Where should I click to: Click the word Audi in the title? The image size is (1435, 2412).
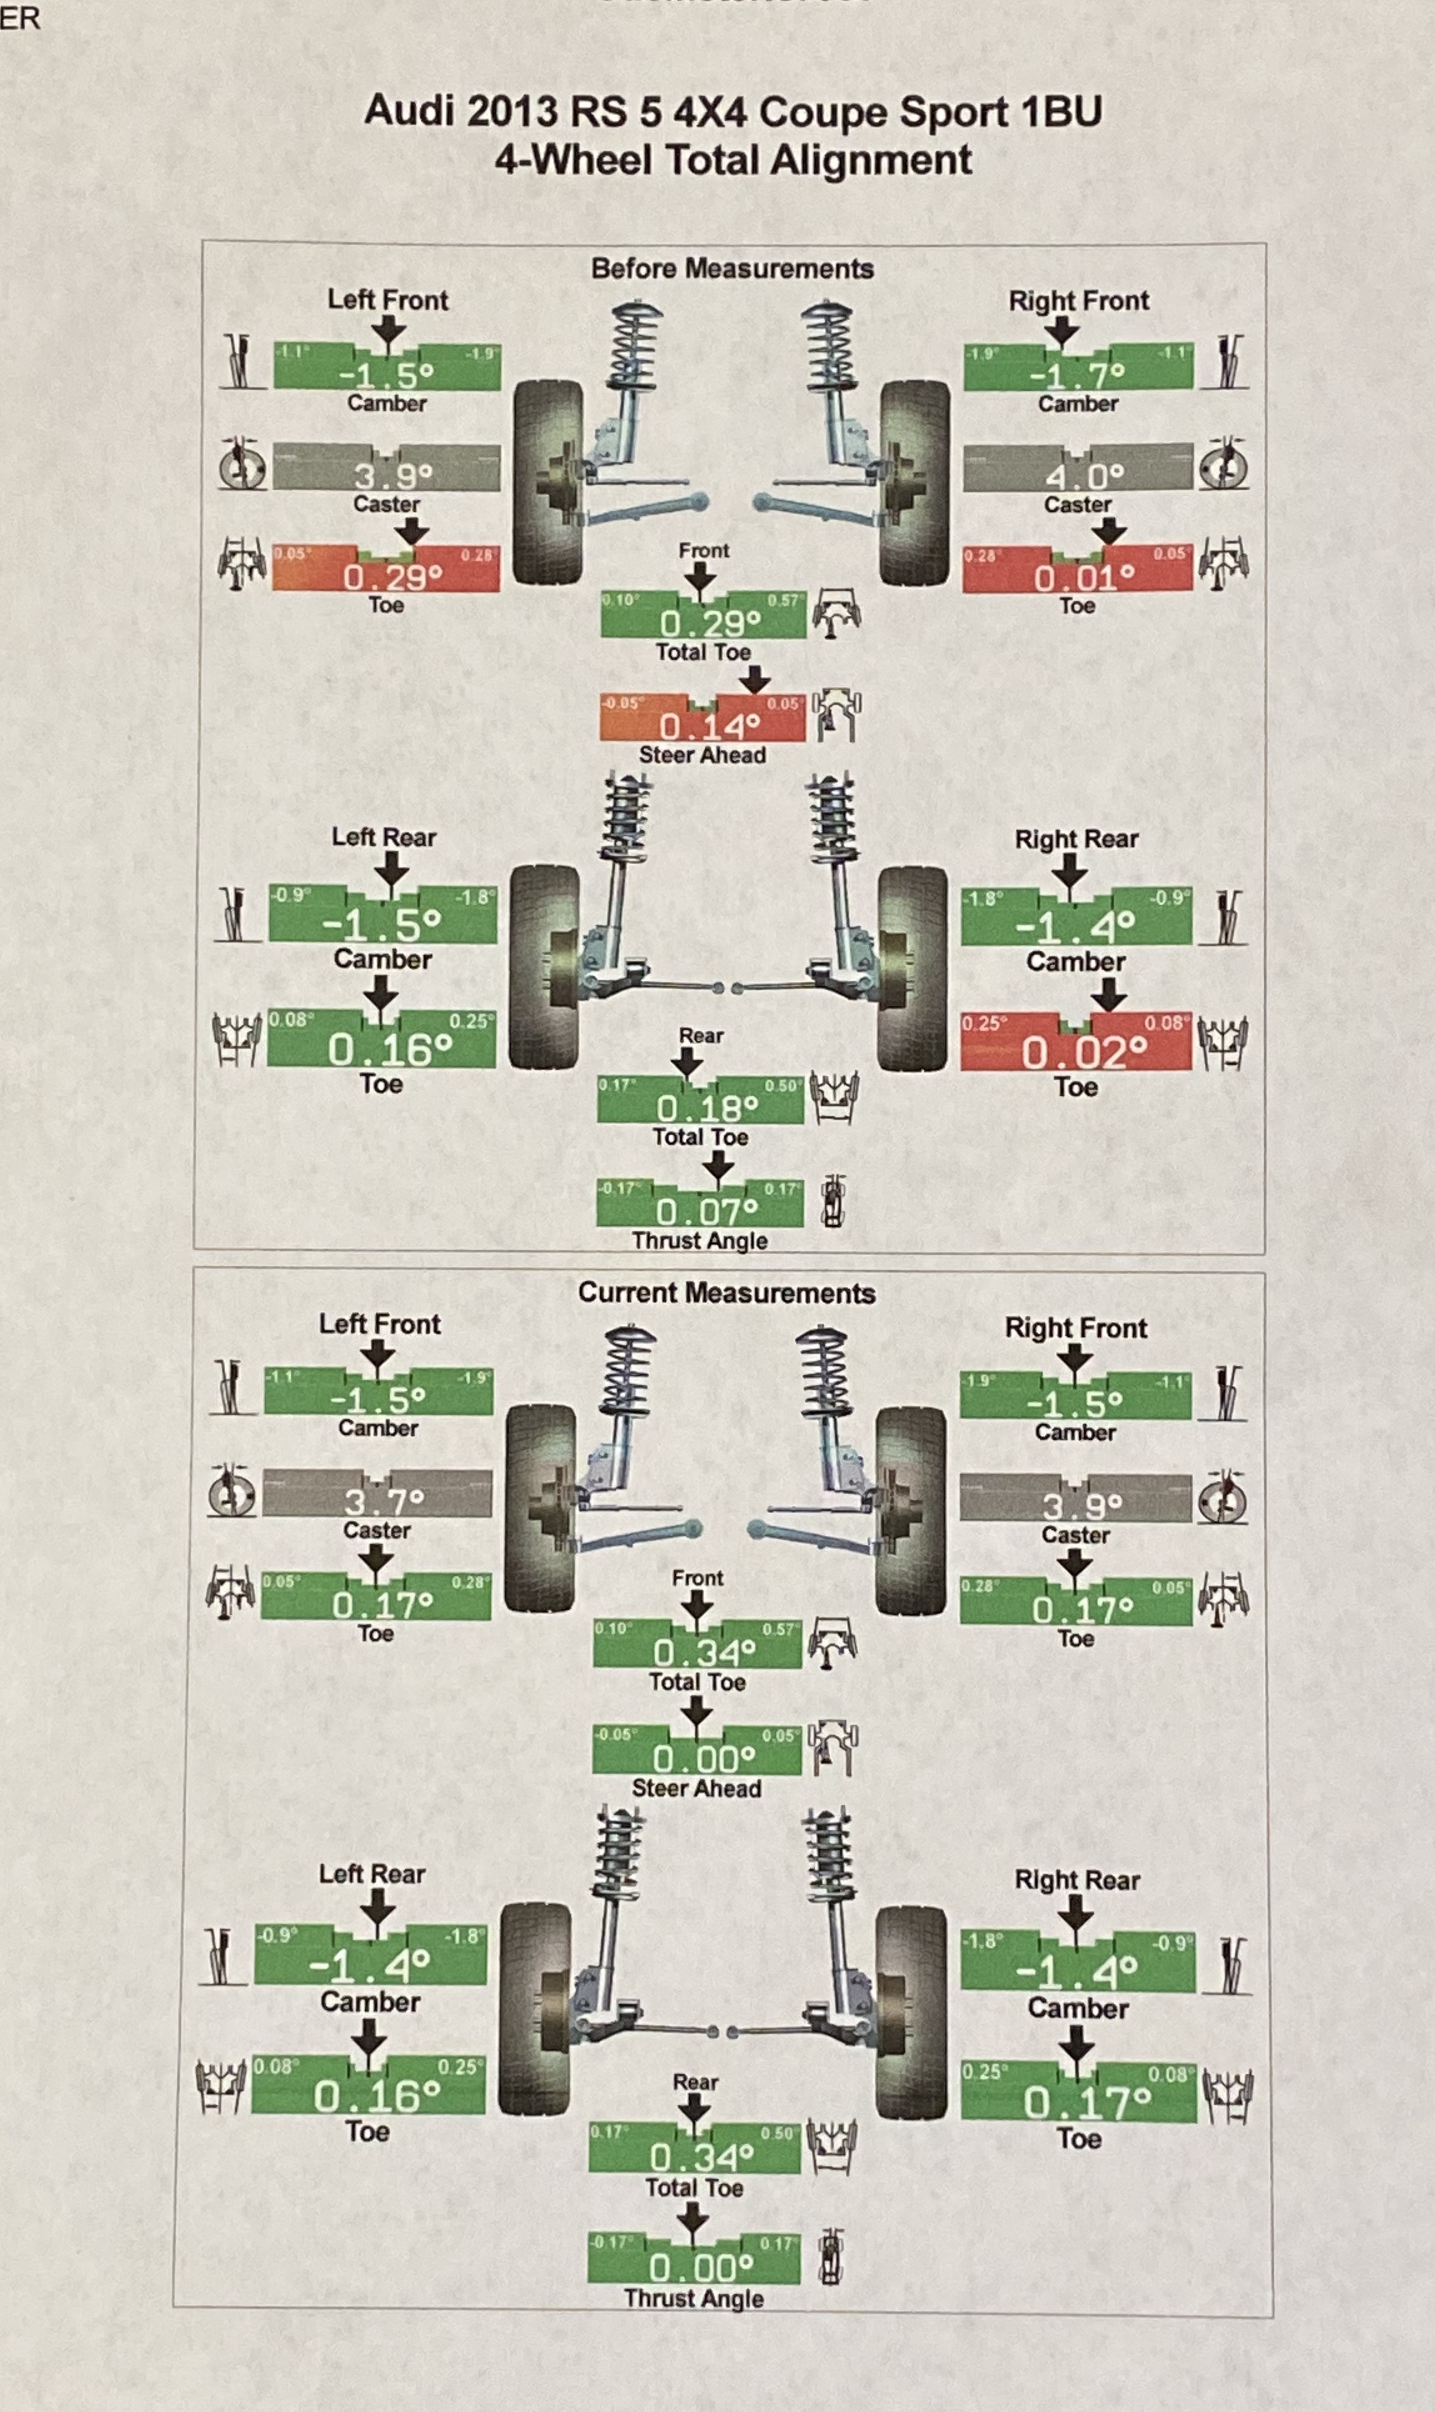(x=409, y=111)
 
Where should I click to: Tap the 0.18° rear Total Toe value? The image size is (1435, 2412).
(x=707, y=1107)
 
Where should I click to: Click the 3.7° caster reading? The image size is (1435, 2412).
(x=384, y=1501)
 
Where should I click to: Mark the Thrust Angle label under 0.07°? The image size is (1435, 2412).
(x=699, y=1240)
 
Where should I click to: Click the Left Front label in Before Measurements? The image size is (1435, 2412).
(x=388, y=300)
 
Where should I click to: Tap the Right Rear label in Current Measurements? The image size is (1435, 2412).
(x=1076, y=1880)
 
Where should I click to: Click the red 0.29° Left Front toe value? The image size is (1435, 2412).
(x=392, y=577)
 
